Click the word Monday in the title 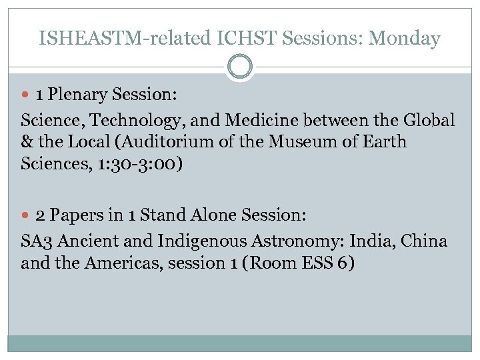tap(405, 39)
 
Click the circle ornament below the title tap(240, 67)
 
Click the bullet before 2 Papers tap(27, 216)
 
